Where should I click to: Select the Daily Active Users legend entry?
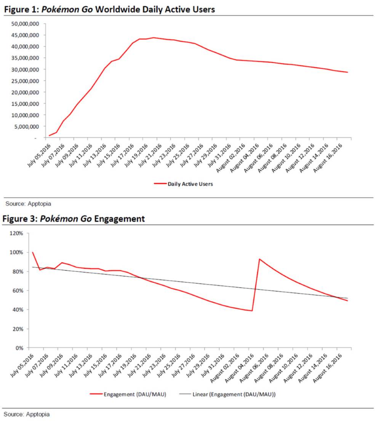(190, 184)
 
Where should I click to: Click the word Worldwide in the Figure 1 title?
(116, 10)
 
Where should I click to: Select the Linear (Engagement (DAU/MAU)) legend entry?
(232, 394)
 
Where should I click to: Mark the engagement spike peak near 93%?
(259, 259)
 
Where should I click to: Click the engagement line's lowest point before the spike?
(252, 311)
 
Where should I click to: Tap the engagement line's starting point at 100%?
(33, 252)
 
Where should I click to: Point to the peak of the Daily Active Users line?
(154, 37)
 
